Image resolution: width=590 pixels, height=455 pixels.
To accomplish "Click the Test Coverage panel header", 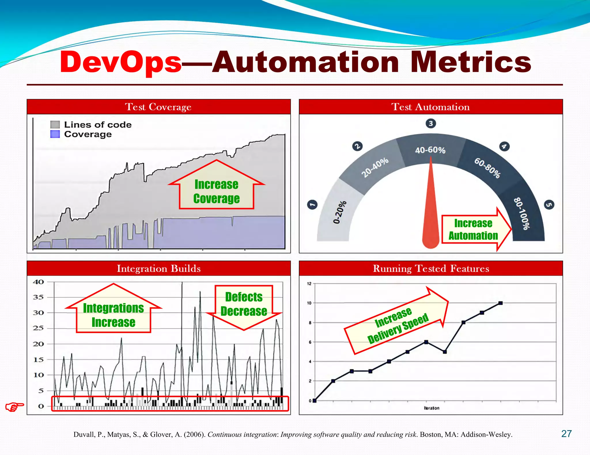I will click(x=158, y=107).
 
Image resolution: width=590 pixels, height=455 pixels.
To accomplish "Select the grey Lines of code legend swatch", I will click(x=55, y=125).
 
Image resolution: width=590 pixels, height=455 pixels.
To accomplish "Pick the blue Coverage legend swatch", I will click(x=55, y=134).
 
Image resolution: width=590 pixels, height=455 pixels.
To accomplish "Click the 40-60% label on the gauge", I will click(x=430, y=150).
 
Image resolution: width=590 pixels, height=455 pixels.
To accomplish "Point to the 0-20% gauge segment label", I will click(x=340, y=212).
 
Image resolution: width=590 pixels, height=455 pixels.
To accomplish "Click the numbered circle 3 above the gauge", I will click(x=431, y=124).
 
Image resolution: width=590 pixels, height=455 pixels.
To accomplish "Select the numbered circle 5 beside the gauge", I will click(x=549, y=205).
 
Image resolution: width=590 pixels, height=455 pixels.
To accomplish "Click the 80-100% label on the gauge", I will click(x=522, y=213).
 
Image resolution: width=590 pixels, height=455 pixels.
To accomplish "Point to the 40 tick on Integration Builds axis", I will click(x=38, y=282).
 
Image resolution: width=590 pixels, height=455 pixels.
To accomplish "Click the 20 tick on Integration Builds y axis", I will click(x=38, y=344).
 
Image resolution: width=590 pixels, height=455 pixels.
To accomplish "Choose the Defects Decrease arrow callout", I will click(x=244, y=305).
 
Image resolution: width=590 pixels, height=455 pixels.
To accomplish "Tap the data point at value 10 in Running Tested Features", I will click(x=500, y=303).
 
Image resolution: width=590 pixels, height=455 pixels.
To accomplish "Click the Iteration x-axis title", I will click(x=432, y=408).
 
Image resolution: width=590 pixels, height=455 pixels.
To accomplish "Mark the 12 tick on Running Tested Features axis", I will click(x=309, y=284).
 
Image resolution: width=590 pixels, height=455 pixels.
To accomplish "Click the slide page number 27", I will click(x=566, y=434).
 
